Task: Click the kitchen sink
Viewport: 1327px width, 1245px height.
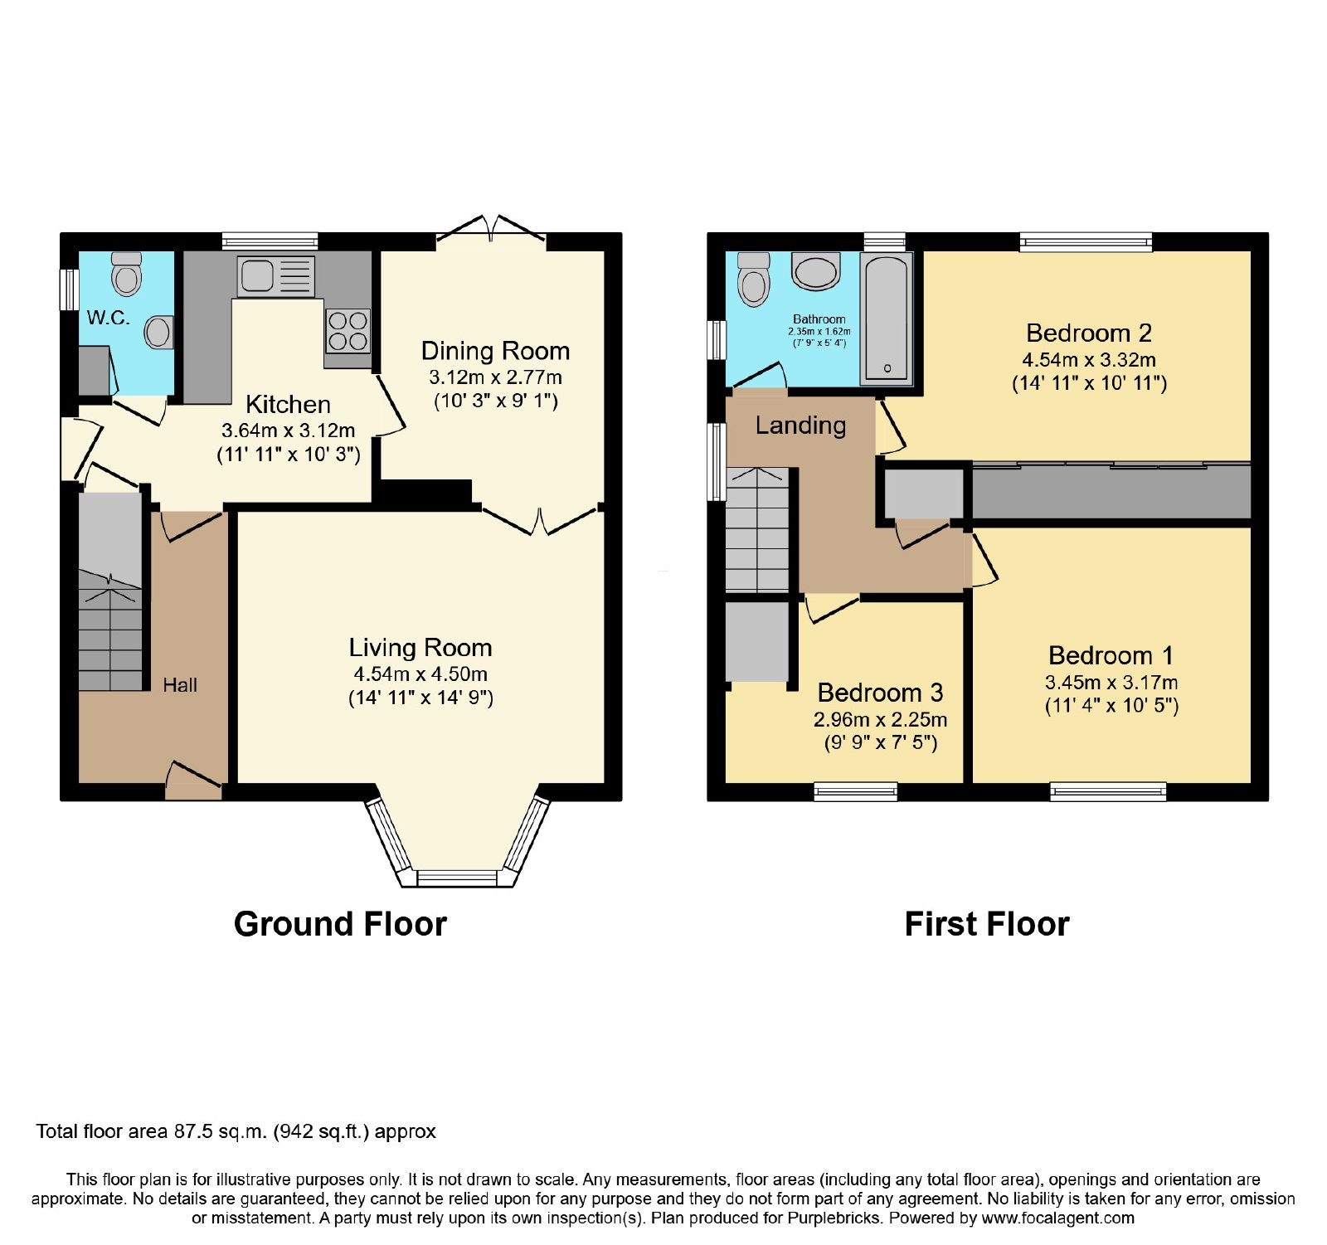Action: click(x=276, y=276)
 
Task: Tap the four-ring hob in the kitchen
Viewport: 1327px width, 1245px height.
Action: click(x=348, y=331)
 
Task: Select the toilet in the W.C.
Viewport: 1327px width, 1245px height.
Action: click(x=126, y=274)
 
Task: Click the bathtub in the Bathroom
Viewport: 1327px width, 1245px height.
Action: click(x=887, y=319)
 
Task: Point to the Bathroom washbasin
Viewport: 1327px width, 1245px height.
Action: click(x=817, y=271)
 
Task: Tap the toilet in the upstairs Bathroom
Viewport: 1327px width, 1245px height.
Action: click(x=754, y=279)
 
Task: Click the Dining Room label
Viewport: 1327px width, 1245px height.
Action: click(x=495, y=351)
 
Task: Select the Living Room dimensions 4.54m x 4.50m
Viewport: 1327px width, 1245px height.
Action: click(x=420, y=674)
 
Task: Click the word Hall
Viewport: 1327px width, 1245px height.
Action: click(x=180, y=685)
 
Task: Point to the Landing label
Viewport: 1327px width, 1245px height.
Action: click(x=800, y=426)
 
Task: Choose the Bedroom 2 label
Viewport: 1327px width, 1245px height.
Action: click(x=1089, y=333)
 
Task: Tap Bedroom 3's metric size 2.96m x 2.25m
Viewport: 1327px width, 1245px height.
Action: click(x=880, y=719)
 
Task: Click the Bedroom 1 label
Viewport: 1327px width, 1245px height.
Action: click(x=1111, y=655)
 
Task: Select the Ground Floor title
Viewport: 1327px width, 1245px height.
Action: click(x=340, y=924)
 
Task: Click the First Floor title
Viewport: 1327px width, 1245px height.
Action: click(x=987, y=924)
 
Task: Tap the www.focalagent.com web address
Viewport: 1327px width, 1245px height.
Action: click(x=1058, y=1218)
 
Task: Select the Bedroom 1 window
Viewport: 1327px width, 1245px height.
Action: click(x=1108, y=791)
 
